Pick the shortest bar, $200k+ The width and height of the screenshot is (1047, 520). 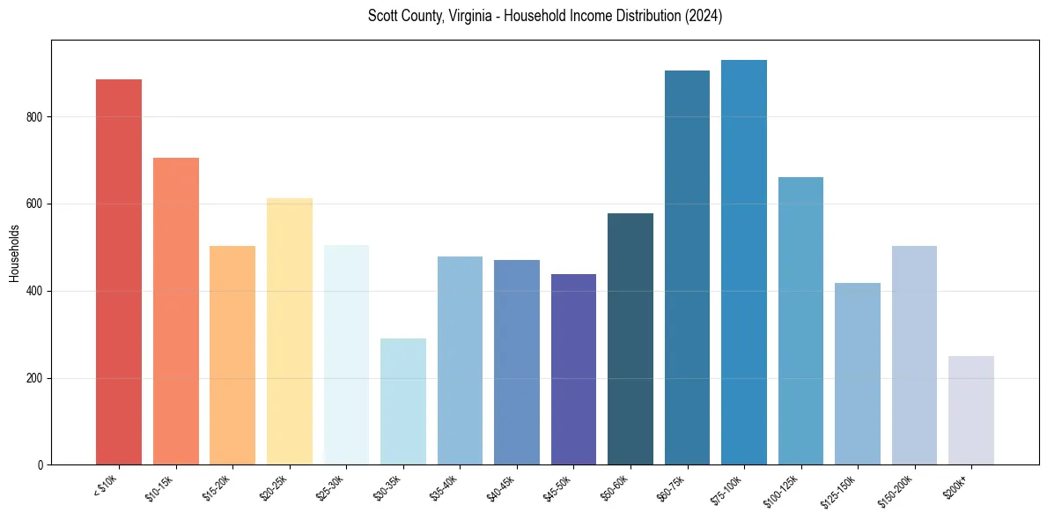point(970,410)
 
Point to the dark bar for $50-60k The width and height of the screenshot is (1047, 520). point(630,338)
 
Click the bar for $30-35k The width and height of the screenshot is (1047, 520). point(402,401)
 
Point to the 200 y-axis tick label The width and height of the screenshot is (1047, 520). point(35,378)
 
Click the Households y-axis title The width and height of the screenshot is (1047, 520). point(14,253)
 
